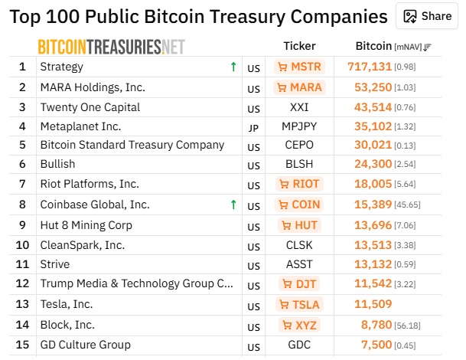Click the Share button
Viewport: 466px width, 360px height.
tap(427, 16)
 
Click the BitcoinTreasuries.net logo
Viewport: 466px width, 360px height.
tap(111, 47)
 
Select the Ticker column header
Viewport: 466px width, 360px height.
tap(299, 46)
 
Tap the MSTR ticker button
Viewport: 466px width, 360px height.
tap(299, 67)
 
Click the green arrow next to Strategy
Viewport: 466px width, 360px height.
tap(233, 67)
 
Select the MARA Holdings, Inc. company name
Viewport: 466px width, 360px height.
tap(93, 87)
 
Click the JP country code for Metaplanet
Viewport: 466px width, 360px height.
tap(253, 128)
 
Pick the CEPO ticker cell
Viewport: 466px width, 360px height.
tap(299, 146)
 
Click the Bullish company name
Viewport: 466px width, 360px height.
tap(57, 164)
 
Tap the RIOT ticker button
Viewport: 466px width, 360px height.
tap(299, 184)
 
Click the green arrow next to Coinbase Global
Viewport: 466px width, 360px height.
tap(233, 205)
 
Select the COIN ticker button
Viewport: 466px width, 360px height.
tap(299, 205)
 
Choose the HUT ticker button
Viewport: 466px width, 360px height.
tap(299, 225)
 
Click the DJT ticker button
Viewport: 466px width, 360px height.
tap(299, 284)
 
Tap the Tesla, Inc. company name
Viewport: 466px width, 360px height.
tap(67, 304)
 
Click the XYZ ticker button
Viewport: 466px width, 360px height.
tap(299, 325)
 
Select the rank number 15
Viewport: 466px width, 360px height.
tap(22, 345)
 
